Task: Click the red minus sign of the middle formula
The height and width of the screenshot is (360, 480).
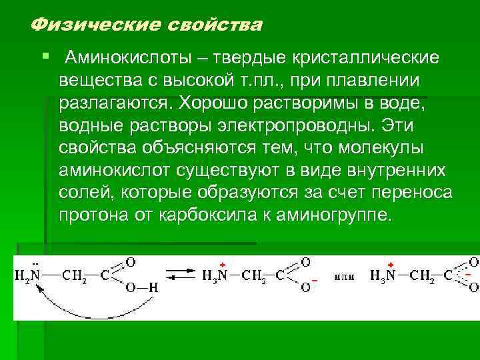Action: (314, 281)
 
